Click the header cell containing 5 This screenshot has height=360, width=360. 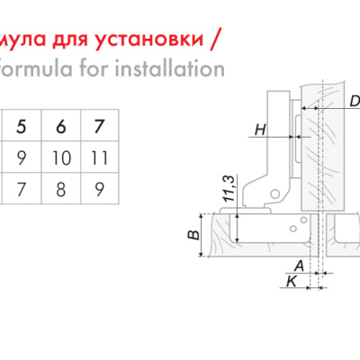[x=22, y=126]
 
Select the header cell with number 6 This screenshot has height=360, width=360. [x=61, y=126]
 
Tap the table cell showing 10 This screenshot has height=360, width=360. [x=61, y=157]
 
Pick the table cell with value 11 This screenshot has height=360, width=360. [x=100, y=157]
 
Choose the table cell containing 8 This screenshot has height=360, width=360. [x=61, y=189]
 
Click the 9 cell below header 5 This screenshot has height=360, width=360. [x=22, y=157]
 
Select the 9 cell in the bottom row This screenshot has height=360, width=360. [x=100, y=189]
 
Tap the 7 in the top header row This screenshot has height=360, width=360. [x=100, y=126]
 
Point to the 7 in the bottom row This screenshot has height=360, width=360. [x=22, y=189]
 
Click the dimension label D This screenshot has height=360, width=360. [x=355, y=102]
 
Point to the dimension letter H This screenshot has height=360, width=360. [x=260, y=130]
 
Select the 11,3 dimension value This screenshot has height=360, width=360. [x=229, y=188]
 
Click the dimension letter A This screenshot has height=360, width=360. [x=299, y=265]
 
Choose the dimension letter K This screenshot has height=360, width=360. [x=292, y=282]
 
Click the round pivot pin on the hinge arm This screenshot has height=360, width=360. [x=274, y=194]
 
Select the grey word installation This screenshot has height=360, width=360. [x=170, y=68]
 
